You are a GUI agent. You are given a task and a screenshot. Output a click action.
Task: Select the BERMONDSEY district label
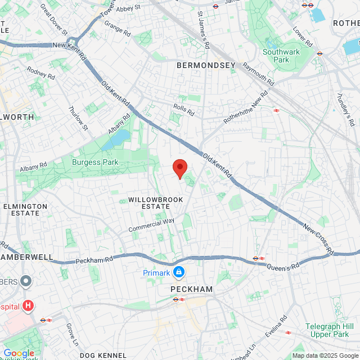(206, 66)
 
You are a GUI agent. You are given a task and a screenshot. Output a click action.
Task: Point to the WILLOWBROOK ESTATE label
(148, 203)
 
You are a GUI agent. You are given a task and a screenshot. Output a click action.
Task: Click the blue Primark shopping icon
(179, 273)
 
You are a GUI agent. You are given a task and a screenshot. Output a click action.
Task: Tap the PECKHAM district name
(191, 289)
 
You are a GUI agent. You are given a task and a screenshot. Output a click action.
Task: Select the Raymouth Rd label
(258, 74)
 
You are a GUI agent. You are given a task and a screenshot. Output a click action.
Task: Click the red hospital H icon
(28, 306)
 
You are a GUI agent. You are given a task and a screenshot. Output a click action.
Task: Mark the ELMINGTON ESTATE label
(25, 210)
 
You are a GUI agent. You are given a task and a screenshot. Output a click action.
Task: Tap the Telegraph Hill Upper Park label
(329, 330)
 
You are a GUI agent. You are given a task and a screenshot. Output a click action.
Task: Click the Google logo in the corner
(19, 353)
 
